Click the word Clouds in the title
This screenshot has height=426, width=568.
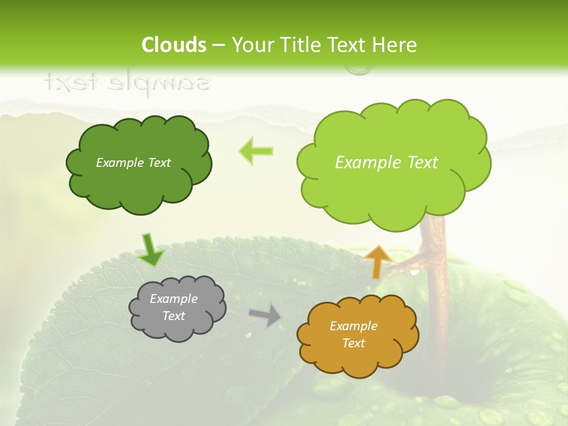tap(174, 45)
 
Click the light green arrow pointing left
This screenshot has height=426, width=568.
tap(256, 151)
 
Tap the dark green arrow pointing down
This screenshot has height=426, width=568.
tap(151, 251)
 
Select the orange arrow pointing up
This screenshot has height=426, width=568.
tap(377, 262)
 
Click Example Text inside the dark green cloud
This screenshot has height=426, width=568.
tap(133, 163)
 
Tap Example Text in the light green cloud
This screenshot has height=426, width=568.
tap(386, 163)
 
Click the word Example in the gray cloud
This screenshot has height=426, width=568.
tap(173, 299)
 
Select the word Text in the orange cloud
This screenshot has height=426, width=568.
tap(353, 343)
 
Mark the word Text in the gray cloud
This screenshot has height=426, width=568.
tap(173, 316)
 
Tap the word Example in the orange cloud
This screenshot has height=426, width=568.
tap(353, 326)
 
